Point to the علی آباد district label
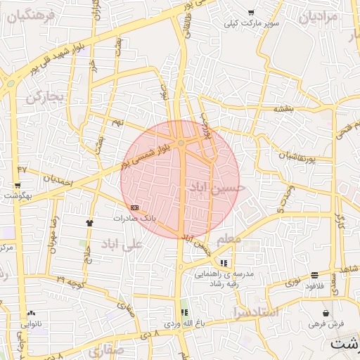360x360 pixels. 122,244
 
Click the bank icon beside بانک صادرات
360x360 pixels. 134,207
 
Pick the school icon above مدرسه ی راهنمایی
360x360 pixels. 224,262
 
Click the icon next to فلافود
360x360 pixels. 314,275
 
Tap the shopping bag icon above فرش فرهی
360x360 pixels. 325,313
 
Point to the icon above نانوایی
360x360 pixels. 30,313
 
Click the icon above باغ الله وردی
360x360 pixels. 184,313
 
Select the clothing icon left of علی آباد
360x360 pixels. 89,222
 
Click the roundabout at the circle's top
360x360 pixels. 181,143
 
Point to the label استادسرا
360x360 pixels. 255,311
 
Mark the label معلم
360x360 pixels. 231,239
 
